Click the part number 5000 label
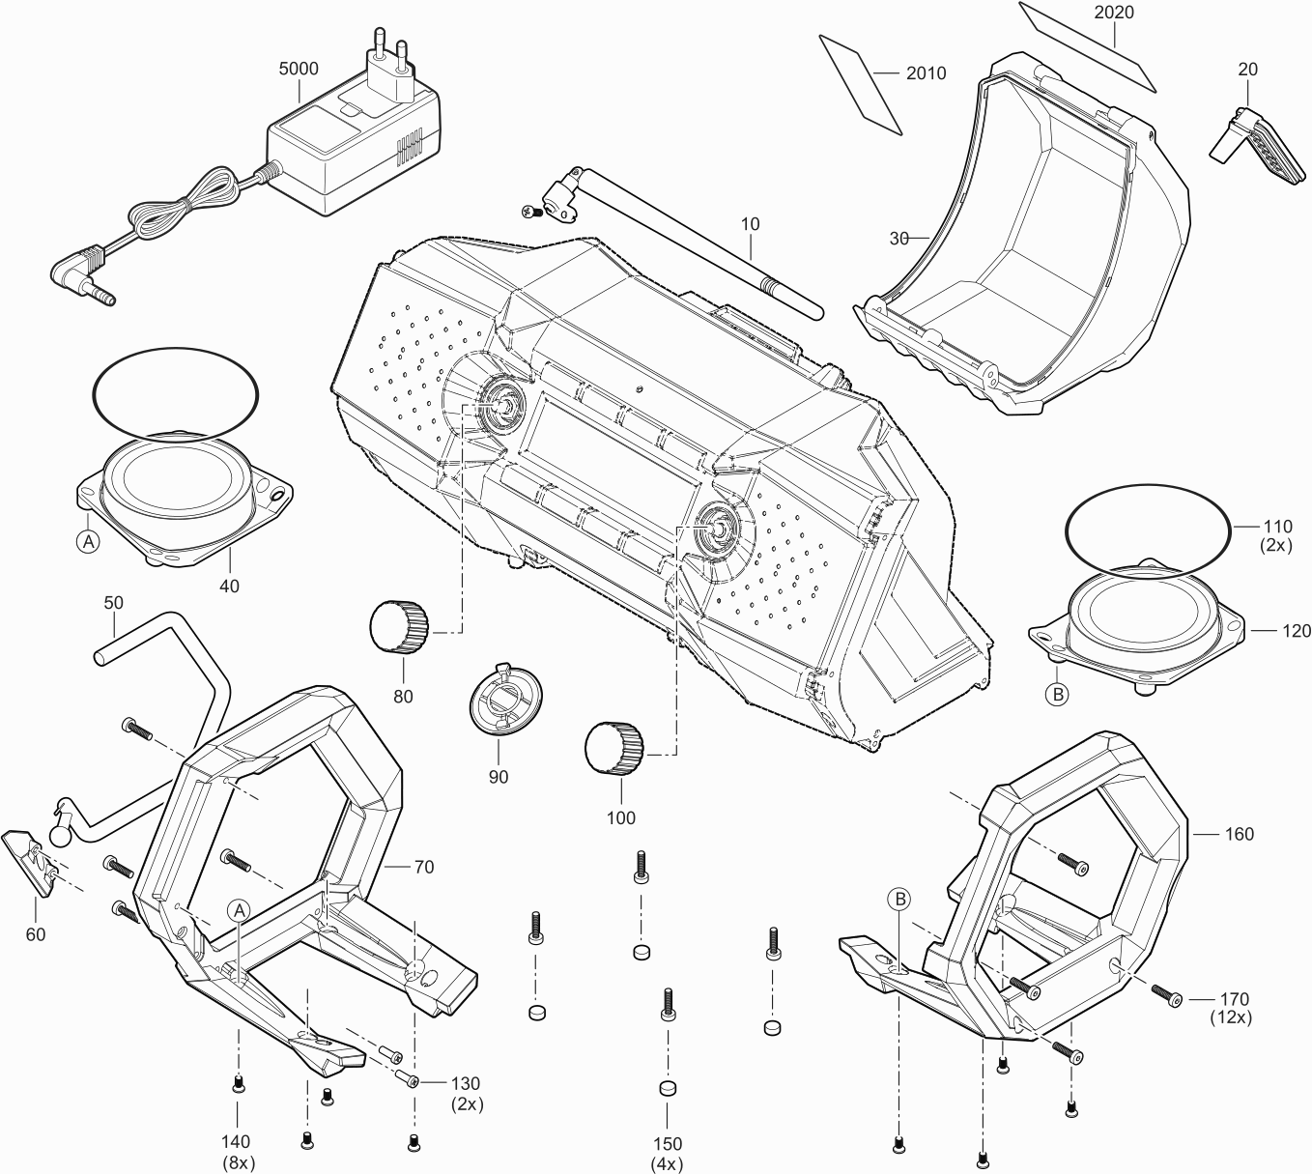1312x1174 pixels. [x=298, y=70]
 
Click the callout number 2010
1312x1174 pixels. [x=926, y=73]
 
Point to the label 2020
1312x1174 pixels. [x=1114, y=13]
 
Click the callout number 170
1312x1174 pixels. [x=1234, y=999]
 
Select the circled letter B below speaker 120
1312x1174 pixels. [x=1057, y=694]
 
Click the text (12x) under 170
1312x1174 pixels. [x=1231, y=1017]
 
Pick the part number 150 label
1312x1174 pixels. [x=667, y=1144]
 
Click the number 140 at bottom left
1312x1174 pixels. [x=236, y=1143]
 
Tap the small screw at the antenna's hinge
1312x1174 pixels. [x=528, y=210]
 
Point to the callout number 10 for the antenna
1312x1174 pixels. [x=750, y=224]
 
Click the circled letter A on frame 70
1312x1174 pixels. [x=239, y=909]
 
